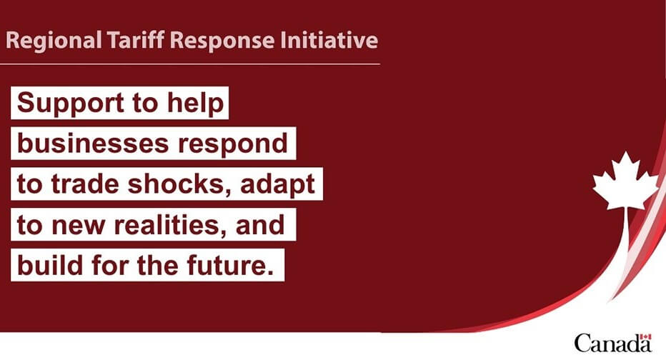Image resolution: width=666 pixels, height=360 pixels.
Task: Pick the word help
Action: pos(195,103)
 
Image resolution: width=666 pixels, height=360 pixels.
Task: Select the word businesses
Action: pos(93,143)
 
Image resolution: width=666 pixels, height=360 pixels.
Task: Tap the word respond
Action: pos(233,144)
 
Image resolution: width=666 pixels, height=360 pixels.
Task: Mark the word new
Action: pos(78,226)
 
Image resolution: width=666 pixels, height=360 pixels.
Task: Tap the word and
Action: pos(260,224)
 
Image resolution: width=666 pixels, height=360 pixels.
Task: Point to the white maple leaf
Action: pos(625,181)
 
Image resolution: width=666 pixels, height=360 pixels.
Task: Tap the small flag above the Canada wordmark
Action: pos(645,337)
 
